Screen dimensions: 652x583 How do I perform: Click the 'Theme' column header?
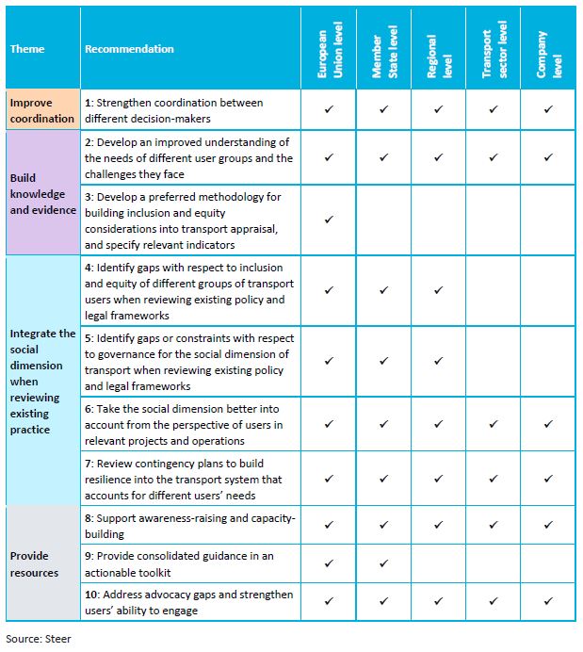(x=27, y=49)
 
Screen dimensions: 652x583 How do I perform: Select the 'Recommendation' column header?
(x=129, y=49)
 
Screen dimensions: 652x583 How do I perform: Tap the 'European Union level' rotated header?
(x=328, y=49)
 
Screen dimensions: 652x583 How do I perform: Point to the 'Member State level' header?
(x=382, y=49)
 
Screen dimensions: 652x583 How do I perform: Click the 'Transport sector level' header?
(x=493, y=49)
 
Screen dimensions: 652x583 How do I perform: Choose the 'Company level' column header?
(x=548, y=49)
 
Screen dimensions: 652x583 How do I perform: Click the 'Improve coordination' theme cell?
(x=42, y=110)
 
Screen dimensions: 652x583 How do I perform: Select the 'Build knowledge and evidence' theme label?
(x=42, y=193)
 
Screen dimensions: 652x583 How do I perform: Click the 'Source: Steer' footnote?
(x=39, y=638)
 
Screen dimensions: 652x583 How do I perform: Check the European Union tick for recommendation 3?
(x=329, y=220)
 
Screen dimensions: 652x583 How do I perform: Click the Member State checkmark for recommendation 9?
(x=383, y=563)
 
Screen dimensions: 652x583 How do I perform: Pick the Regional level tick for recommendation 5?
(x=438, y=360)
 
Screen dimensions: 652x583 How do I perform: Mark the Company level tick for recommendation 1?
(x=548, y=110)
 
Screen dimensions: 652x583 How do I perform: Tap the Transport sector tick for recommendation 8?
(x=494, y=525)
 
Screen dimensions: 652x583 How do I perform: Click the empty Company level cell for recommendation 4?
(x=548, y=290)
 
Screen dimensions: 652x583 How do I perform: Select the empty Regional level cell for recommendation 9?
(x=438, y=563)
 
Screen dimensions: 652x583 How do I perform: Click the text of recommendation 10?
(x=188, y=602)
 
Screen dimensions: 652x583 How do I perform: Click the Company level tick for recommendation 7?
(x=548, y=479)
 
